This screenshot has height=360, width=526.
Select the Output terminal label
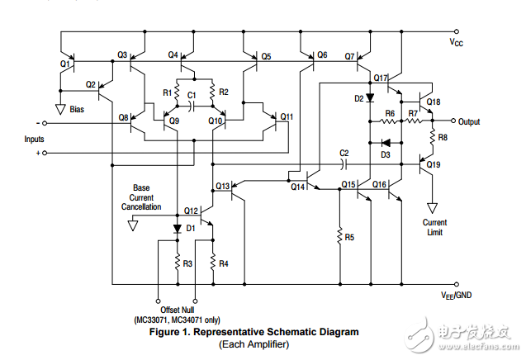470,121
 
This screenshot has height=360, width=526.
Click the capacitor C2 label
344,154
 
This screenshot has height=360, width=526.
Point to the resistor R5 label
349,237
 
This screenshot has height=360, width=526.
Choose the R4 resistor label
224,263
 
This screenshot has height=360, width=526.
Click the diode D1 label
190,227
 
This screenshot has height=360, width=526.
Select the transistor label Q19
434,165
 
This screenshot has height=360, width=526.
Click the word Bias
77,108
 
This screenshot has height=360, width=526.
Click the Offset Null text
175,310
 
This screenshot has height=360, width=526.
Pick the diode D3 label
385,154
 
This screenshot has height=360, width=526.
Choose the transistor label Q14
297,187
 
